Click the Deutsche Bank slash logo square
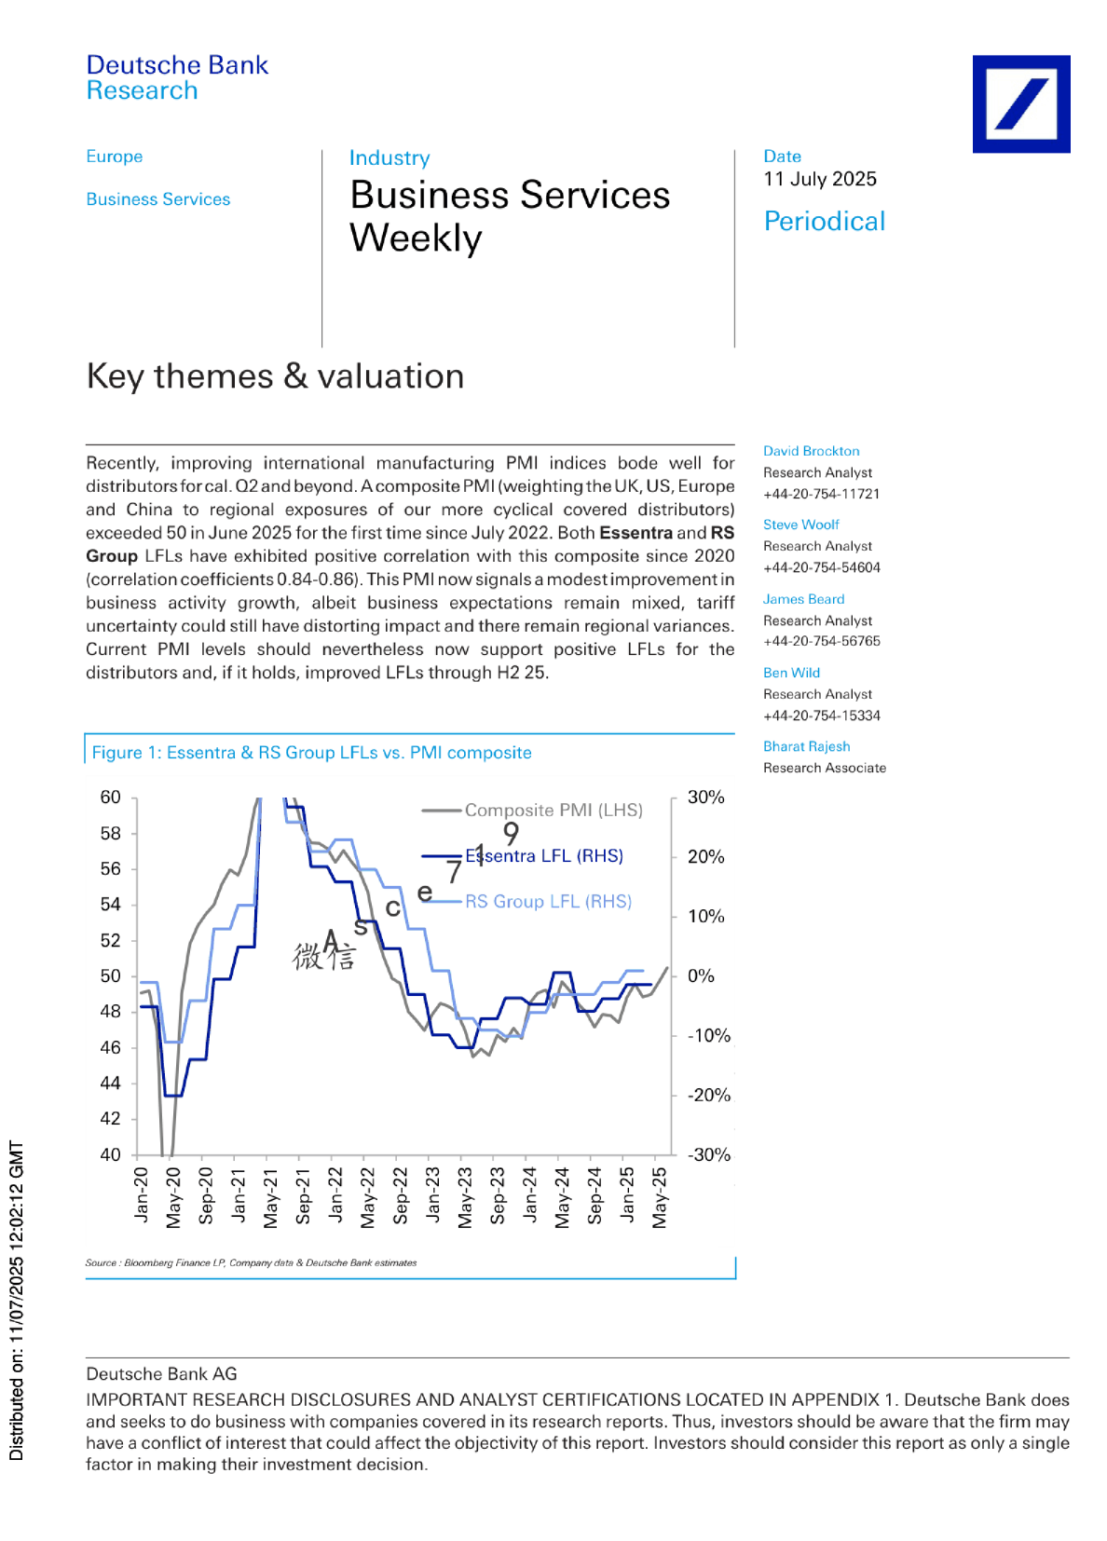pyautogui.click(x=1021, y=103)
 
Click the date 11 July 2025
pyautogui.click(x=819, y=179)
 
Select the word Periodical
pyautogui.click(x=825, y=222)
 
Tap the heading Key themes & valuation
pyautogui.click(x=275, y=376)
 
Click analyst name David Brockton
pyautogui.click(x=812, y=451)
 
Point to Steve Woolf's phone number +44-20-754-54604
pyautogui.click(x=822, y=567)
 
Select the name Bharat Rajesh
pyautogui.click(x=806, y=746)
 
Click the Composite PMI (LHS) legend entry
pyautogui.click(x=532, y=810)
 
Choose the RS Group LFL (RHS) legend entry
pyautogui.click(x=526, y=901)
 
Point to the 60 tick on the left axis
pyautogui.click(x=110, y=797)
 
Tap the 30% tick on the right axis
pyautogui.click(x=706, y=797)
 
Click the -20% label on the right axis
pyautogui.click(x=708, y=1095)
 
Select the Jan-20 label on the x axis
pyautogui.click(x=141, y=1195)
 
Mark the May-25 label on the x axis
pyautogui.click(x=659, y=1198)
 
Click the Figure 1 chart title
pyautogui.click(x=311, y=753)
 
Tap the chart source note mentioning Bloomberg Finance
pyautogui.click(x=251, y=1262)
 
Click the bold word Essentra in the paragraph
pyautogui.click(x=635, y=533)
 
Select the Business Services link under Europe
pyautogui.click(x=158, y=199)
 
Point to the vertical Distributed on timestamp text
pyautogui.click(x=16, y=1300)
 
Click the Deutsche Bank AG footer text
pyautogui.click(x=162, y=1374)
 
